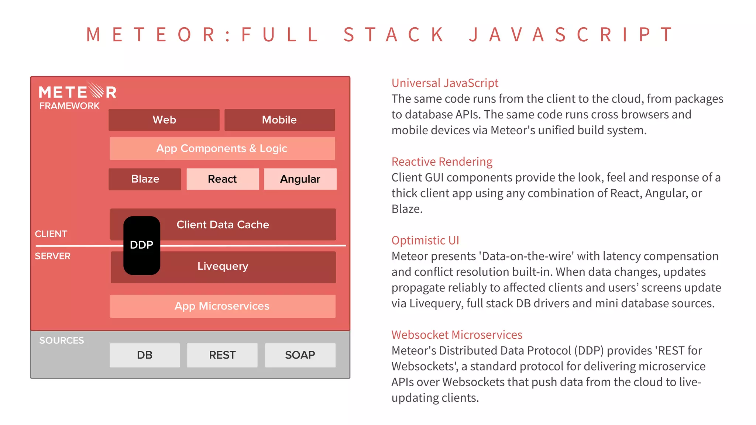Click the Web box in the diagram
coord(164,120)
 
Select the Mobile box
coord(279,120)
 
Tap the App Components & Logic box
coord(222,149)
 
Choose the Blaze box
coord(145,179)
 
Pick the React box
coord(222,179)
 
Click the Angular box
coord(300,179)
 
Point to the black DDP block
coord(142,245)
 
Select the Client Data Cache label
coord(223,225)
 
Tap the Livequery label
coord(223,266)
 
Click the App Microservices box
coord(222,306)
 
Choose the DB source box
coord(145,355)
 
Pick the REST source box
coord(222,355)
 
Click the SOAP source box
coord(300,355)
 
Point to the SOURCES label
coord(62,341)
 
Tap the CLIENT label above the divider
coord(51,234)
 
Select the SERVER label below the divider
coord(52,256)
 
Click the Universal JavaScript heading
coord(445,83)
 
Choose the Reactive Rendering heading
coord(442,162)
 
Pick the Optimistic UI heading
coord(425,240)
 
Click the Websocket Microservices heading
coord(457,335)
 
